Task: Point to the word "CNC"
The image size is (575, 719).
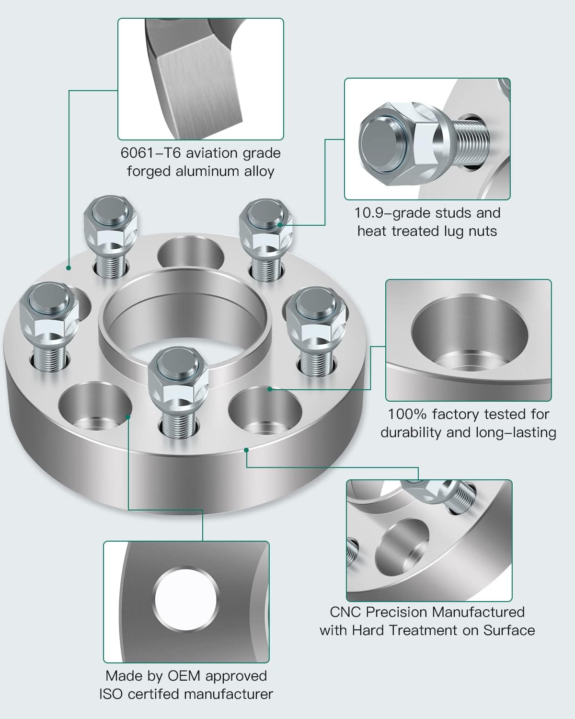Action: [x=345, y=612]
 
